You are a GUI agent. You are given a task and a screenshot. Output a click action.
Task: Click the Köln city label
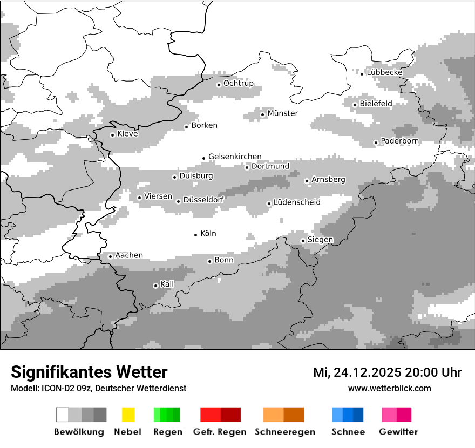pyautogui.click(x=208, y=234)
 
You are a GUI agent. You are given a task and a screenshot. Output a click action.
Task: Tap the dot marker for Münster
pyautogui.click(x=263, y=114)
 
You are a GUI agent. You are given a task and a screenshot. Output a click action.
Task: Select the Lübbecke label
pyautogui.click(x=384, y=72)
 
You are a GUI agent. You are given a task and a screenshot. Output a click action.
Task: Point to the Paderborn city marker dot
pyautogui.click(x=376, y=142)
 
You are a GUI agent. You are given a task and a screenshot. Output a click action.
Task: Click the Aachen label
pyautogui.click(x=129, y=255)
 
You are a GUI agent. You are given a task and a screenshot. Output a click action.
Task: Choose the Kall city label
pyautogui.click(x=167, y=284)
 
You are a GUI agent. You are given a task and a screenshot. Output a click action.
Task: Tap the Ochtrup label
pyautogui.click(x=238, y=84)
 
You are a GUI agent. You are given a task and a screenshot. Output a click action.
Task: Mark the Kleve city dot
pyautogui.click(x=112, y=135)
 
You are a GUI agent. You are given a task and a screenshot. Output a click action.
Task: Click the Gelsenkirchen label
pyautogui.click(x=235, y=157)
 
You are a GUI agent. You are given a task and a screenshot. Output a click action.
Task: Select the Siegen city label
pyautogui.click(x=320, y=240)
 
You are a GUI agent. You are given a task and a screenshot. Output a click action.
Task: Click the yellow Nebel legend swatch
pyautogui.click(x=128, y=415)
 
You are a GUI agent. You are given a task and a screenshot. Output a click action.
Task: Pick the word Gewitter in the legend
pyautogui.click(x=398, y=432)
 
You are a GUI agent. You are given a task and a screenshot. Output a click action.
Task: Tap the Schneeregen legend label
pyautogui.click(x=285, y=432)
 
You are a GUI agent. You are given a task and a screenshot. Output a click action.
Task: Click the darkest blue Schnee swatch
pyautogui.click(x=358, y=415)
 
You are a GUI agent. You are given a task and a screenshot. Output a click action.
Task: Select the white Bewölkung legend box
pyautogui.click(x=63, y=415)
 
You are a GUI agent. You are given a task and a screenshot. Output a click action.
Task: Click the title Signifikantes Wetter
pyautogui.click(x=89, y=372)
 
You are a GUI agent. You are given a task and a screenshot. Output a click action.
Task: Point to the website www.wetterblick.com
pyautogui.click(x=389, y=388)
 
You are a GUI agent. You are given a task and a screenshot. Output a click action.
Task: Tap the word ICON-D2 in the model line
pyautogui.click(x=55, y=388)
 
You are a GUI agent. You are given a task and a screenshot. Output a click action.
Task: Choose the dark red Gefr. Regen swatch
pyautogui.click(x=230, y=415)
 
